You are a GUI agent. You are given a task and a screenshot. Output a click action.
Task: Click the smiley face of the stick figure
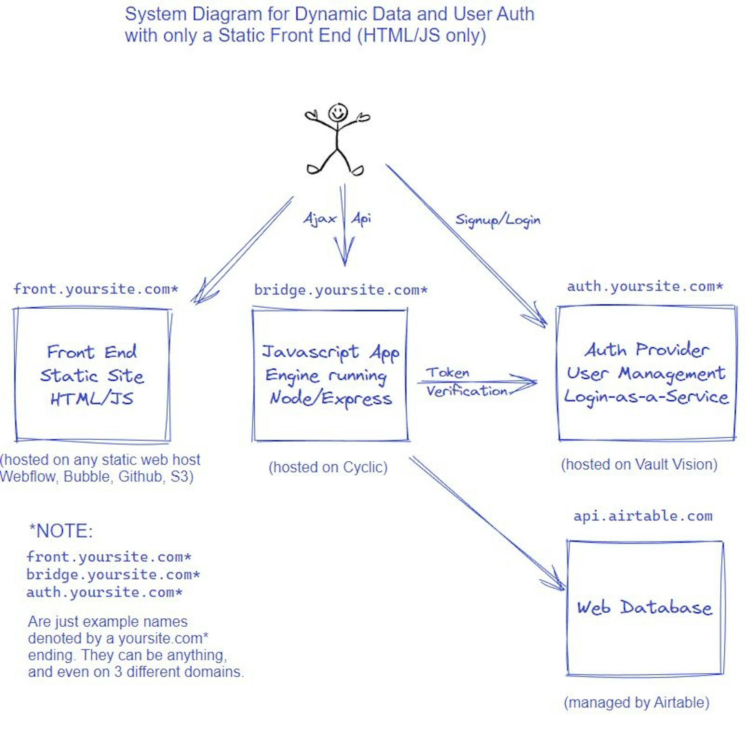coord(338,113)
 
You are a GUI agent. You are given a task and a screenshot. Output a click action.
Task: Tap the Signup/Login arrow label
coord(497,220)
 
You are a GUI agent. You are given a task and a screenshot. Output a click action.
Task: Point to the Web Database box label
coord(644,608)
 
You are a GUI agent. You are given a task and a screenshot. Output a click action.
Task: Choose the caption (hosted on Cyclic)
coord(328,468)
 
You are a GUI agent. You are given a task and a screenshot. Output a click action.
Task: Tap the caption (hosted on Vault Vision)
coord(639,465)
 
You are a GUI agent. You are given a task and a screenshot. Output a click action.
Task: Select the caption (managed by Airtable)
coord(636,703)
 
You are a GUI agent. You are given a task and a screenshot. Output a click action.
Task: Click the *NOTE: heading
coord(61,531)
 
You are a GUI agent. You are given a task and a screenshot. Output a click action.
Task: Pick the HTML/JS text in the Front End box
coord(92,399)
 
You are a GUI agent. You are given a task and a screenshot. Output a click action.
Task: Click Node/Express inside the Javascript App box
coord(331,399)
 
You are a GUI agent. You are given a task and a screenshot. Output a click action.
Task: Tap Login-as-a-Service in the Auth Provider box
coord(646,397)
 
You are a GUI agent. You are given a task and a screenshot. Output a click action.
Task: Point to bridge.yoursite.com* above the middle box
coord(340,290)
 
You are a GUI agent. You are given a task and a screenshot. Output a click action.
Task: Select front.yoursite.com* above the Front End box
coord(96,289)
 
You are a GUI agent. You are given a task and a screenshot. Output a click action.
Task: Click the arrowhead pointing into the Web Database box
coord(557,582)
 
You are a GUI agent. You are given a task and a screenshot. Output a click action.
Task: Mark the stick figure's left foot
coord(314,169)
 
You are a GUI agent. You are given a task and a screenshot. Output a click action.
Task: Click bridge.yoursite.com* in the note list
coord(113,575)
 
